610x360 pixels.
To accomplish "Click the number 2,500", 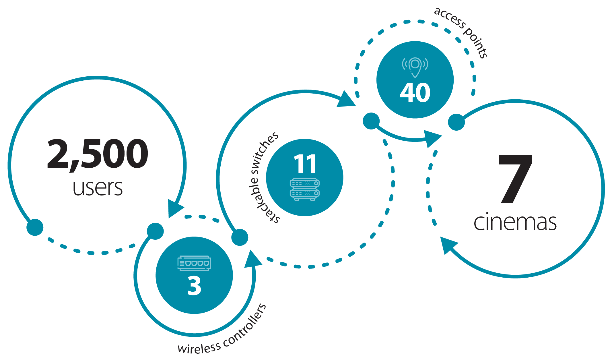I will [98, 154].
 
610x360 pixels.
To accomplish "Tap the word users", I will [98, 188].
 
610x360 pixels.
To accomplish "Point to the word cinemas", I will [515, 222].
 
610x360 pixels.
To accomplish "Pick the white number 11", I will [305, 164].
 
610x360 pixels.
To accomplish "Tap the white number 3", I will [194, 286].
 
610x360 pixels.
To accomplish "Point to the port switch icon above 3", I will [194, 263].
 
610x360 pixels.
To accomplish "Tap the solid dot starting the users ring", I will [35, 227].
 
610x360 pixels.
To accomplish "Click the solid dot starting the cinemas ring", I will [456, 122].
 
